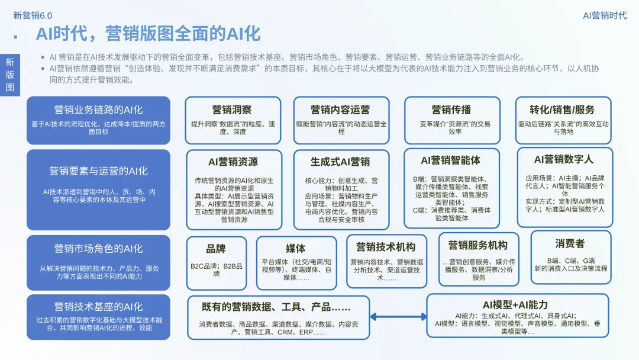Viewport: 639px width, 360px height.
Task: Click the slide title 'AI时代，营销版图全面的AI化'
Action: point(148,33)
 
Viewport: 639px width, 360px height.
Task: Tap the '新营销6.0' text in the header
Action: point(33,15)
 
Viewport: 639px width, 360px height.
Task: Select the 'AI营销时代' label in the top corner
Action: point(604,15)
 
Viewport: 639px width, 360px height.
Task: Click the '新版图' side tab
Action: point(10,75)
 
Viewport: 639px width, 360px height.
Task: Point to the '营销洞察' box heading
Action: point(232,110)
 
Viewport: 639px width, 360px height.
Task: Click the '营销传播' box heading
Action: point(451,110)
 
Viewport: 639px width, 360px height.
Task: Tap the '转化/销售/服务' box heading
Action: point(562,110)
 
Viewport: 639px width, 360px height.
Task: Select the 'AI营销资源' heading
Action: point(233,162)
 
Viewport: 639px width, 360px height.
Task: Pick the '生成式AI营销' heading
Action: point(340,162)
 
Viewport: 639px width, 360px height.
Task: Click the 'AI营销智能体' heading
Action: point(450,160)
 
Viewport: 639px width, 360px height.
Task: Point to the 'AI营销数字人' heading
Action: point(563,159)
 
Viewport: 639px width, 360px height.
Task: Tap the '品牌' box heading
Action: point(216,249)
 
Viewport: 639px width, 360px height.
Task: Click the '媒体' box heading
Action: point(295,249)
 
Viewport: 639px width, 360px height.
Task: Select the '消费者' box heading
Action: point(570,243)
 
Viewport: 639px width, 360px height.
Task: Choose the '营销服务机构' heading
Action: point(477,245)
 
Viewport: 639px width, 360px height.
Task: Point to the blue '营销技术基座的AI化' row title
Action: point(98,307)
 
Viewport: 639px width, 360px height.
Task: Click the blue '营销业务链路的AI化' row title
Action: point(98,110)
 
